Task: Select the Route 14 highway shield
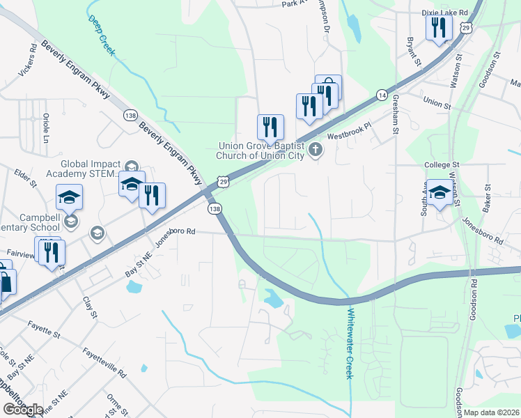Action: click(382, 94)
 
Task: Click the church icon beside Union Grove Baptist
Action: click(316, 148)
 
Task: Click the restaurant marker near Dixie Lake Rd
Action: click(439, 28)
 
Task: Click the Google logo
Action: click(23, 410)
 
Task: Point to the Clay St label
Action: click(89, 307)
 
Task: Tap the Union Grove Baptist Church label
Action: click(260, 150)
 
